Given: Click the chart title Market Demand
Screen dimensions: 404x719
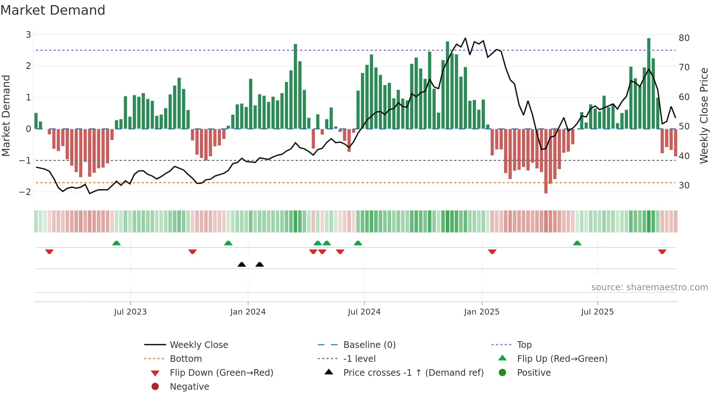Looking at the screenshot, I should coord(53,10).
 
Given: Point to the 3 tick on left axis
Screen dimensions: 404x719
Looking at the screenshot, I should coord(28,35).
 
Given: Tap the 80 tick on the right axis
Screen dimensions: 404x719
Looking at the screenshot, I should coord(684,38).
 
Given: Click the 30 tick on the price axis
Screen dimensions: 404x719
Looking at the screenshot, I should coord(684,186).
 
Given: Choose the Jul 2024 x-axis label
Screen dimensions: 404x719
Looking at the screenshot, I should coord(364,312).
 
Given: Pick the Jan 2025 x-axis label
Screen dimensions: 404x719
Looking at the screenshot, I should coord(481,312).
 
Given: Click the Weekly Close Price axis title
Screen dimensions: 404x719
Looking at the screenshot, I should coord(704,115).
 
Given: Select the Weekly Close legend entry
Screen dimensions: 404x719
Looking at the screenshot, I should coord(198,345).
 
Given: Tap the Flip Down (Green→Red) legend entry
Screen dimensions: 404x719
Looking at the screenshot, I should coord(221,373).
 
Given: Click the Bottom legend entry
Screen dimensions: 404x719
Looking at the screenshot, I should coord(186,359).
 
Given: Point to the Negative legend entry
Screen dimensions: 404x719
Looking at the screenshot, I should coord(189,387).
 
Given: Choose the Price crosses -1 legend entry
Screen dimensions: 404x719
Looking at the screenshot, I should coord(413,373).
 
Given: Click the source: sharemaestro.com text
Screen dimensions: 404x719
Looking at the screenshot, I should coord(649,287).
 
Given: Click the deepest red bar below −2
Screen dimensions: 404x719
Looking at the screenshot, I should coord(546,161).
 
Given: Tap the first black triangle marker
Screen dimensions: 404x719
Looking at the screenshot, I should coord(242,264).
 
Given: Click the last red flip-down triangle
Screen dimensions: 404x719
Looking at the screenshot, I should coord(662,251).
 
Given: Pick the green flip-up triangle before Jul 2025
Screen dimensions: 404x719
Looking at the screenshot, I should coord(577,243).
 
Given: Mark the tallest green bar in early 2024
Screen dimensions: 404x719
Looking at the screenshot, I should coord(295,87).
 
